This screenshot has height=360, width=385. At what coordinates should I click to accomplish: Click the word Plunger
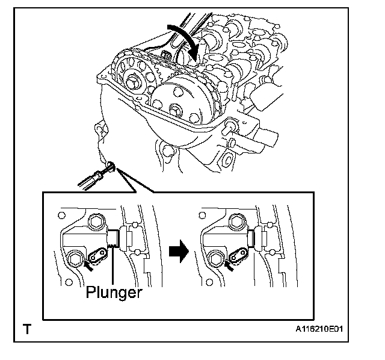(114, 293)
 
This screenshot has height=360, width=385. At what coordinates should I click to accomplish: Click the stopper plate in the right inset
(243, 257)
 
